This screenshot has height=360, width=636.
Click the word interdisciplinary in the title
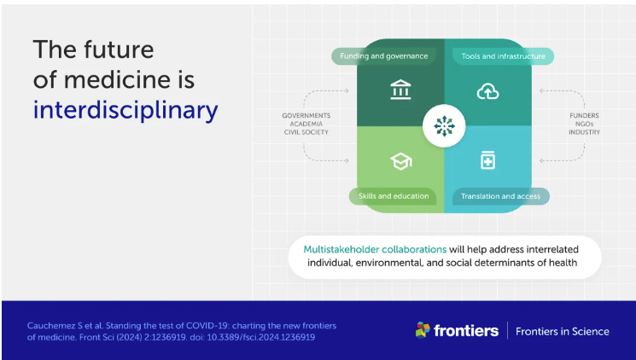coord(125,110)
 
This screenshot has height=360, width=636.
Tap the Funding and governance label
coord(383,56)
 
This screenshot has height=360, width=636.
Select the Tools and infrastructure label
coord(504,56)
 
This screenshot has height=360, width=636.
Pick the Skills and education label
coord(393,196)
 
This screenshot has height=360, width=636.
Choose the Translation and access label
coord(500,196)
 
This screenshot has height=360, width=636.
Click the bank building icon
coord(400,90)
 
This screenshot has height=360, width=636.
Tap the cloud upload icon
coord(487,91)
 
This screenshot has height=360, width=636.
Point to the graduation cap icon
coord(400,161)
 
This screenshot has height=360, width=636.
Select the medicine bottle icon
coord(487,160)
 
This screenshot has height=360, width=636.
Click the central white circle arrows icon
coord(444,125)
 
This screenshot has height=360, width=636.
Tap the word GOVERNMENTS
coord(306,115)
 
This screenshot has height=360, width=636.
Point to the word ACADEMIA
coord(306,124)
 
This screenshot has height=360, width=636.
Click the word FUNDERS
coord(584,115)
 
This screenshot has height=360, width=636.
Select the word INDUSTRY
coord(584,132)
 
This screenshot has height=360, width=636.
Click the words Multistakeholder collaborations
coord(375,249)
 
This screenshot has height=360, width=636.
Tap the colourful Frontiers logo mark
coord(423,330)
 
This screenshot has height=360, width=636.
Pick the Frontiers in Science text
coord(563,332)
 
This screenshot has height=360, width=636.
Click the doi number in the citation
coord(261,337)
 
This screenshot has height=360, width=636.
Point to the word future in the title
coord(119,49)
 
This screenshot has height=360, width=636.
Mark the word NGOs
coord(584,124)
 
